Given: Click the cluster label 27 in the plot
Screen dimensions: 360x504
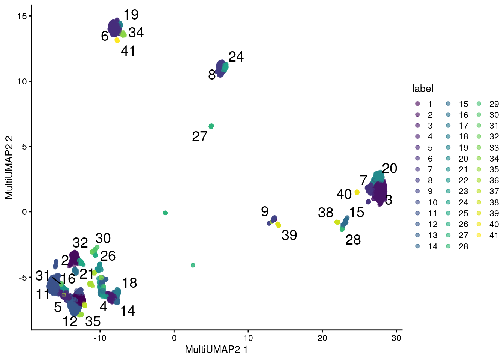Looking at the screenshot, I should tap(199, 137).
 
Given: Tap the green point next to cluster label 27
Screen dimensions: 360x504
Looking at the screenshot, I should tap(211, 126).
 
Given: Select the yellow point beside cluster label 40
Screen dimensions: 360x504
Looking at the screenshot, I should tap(357, 192).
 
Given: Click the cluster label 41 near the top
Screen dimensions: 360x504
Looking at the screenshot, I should tap(128, 51).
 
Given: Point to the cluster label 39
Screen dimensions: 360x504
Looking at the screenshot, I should tap(289, 235).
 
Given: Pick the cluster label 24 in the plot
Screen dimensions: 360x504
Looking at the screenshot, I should tap(236, 57).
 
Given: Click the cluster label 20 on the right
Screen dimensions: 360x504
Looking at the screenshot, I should tap(389, 168).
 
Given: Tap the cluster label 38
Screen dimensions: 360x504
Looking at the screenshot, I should tap(325, 213).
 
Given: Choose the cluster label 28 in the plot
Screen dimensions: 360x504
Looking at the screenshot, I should tap(353, 240).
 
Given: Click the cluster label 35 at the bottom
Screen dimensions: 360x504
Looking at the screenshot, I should tap(93, 321).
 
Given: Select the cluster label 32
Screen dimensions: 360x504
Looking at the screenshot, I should tap(80, 243).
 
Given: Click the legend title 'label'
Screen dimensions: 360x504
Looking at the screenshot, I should tap(422, 88).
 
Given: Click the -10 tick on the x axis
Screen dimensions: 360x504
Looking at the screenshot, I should tap(100, 338).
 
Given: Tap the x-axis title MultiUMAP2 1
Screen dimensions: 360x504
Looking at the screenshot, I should tap(216, 350).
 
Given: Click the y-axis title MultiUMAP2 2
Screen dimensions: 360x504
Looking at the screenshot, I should tap(9, 167).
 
